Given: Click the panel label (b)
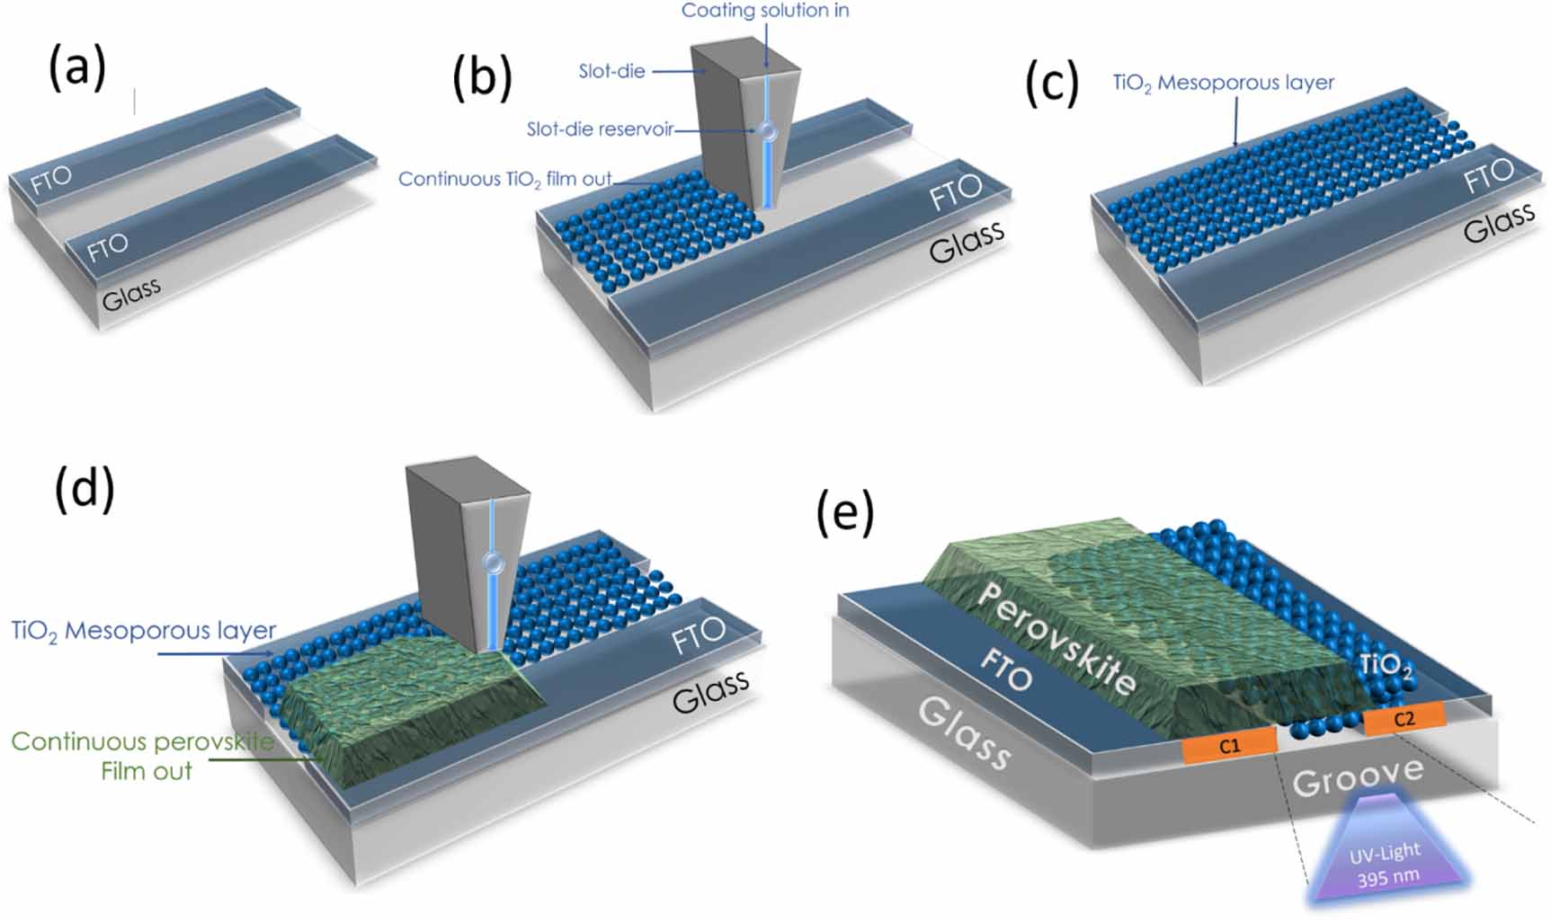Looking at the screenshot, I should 483,76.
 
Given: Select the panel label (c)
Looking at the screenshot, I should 1052,85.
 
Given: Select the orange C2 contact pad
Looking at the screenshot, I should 1404,719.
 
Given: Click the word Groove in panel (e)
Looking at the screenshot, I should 1358,776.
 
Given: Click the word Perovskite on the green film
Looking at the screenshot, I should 1056,639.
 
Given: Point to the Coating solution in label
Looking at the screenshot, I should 765,11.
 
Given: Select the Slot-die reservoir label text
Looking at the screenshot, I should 600,129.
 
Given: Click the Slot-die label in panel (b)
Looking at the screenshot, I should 611,71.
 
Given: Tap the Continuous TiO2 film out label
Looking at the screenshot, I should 504,179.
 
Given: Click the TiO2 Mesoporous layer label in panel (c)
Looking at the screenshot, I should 1223,84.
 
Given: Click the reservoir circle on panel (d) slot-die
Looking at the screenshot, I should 492,563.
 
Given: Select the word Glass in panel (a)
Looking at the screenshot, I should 131,294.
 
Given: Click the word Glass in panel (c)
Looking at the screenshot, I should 1499,223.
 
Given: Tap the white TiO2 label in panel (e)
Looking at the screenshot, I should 1385,666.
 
